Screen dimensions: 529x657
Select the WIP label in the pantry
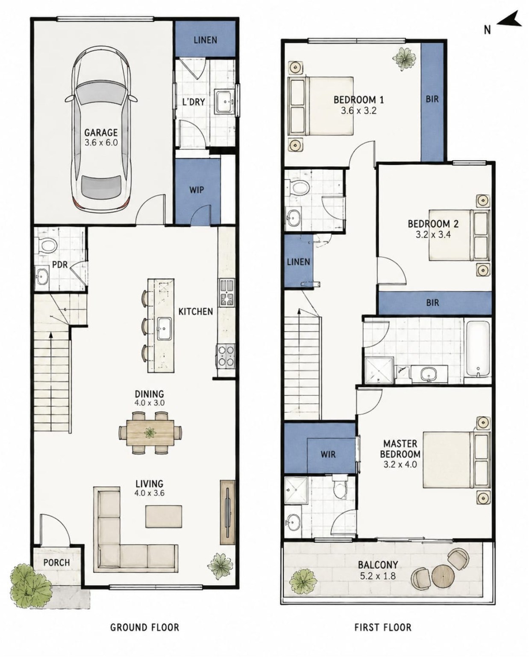tap(197, 190)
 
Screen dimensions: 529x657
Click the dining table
tap(150, 432)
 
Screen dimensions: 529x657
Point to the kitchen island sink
tap(164, 328)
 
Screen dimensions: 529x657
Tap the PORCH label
tap(56, 562)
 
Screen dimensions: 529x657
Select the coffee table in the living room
tap(164, 516)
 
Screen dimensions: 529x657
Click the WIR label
tap(328, 454)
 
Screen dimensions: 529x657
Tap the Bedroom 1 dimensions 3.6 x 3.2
tap(359, 110)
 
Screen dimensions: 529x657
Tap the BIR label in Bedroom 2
tap(432, 302)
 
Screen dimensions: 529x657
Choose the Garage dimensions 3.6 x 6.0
tap(101, 142)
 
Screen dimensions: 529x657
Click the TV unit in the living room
tap(228, 512)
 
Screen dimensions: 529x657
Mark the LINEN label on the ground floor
tap(205, 40)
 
